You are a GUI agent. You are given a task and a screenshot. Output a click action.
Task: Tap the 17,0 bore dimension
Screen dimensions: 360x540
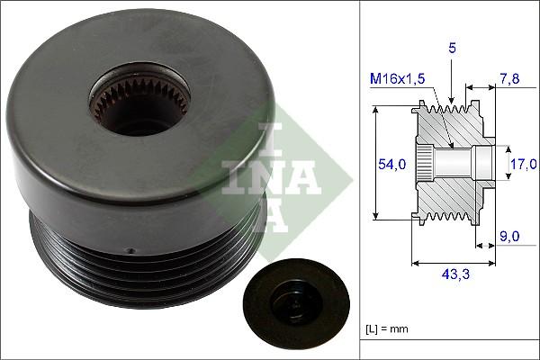click(x=523, y=163)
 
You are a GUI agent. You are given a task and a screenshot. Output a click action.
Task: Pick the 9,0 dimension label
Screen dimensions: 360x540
click(x=510, y=237)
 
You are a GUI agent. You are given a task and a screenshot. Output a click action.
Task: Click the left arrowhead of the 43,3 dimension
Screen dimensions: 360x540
click(x=413, y=264)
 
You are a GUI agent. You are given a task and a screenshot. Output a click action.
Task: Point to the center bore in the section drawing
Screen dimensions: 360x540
click(x=463, y=163)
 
